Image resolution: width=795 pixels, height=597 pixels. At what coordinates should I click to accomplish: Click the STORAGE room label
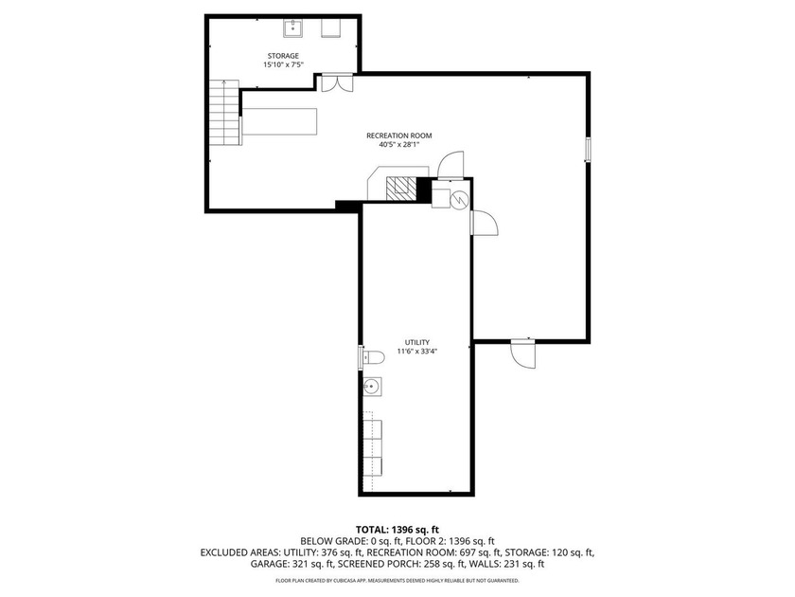pos(282,56)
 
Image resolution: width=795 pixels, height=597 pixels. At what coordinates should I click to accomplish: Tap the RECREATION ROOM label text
pos(398,136)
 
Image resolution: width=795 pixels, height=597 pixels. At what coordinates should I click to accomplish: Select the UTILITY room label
pos(417,342)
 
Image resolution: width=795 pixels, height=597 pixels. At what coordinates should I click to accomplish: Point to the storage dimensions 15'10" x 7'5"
pos(282,66)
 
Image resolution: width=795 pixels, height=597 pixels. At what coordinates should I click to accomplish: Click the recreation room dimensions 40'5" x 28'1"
pos(398,146)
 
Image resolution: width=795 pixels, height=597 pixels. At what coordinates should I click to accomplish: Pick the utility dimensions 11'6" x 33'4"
pos(417,352)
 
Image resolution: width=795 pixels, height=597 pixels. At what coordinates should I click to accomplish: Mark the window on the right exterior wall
pos(588,149)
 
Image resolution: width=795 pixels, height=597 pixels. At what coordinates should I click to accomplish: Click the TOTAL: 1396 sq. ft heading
pos(397,529)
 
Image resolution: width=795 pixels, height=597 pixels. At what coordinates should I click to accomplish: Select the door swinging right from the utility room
pos(484,223)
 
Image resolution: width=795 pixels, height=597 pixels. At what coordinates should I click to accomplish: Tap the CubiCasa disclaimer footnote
pos(397,580)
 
